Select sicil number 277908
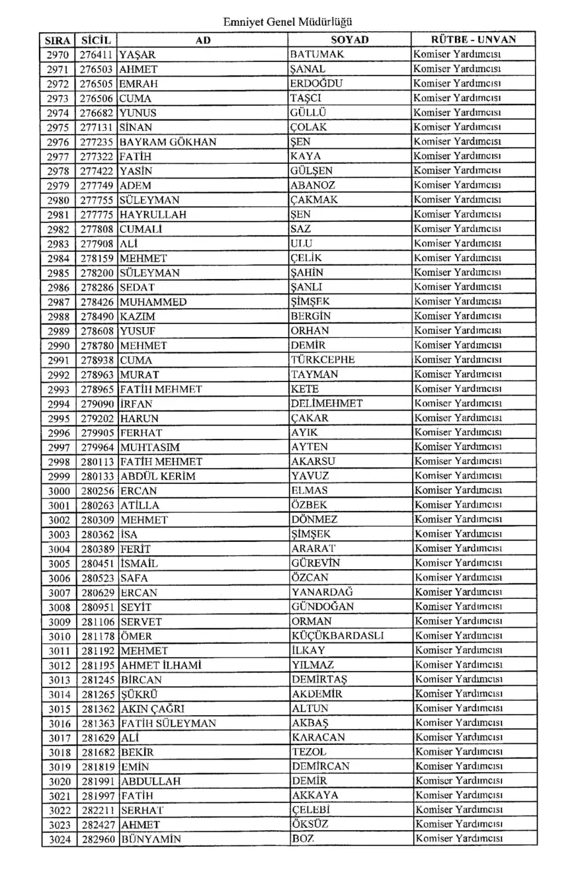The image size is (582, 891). click(97, 243)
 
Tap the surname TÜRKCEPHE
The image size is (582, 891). click(323, 359)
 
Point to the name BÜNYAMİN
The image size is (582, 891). click(150, 838)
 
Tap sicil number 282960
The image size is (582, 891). click(97, 838)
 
